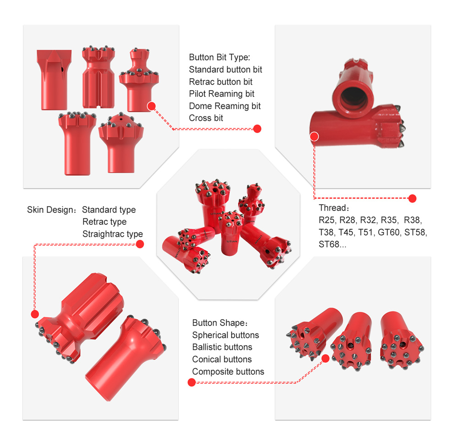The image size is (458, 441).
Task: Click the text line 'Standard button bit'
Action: coord(225,70)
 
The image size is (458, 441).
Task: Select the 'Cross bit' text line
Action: coord(206,118)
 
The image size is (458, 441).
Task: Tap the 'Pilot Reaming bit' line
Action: coord(221,94)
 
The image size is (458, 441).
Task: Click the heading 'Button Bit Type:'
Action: coord(219,58)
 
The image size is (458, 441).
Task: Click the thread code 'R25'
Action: coord(327,220)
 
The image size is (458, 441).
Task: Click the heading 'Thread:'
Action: coord(334,208)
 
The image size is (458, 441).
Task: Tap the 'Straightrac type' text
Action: coord(112,234)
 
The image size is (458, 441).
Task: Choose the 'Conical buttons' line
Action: coord(222,359)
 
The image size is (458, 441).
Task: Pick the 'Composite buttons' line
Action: coord(228,371)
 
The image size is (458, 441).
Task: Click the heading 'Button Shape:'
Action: coord(220,323)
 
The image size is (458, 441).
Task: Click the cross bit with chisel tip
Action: coord(54,80)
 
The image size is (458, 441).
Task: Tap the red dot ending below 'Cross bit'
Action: coord(257,129)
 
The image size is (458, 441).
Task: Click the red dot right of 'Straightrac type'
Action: coord(140,244)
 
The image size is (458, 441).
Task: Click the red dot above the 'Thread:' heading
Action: coord(412,198)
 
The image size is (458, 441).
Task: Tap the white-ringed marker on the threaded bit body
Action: coord(314,136)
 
